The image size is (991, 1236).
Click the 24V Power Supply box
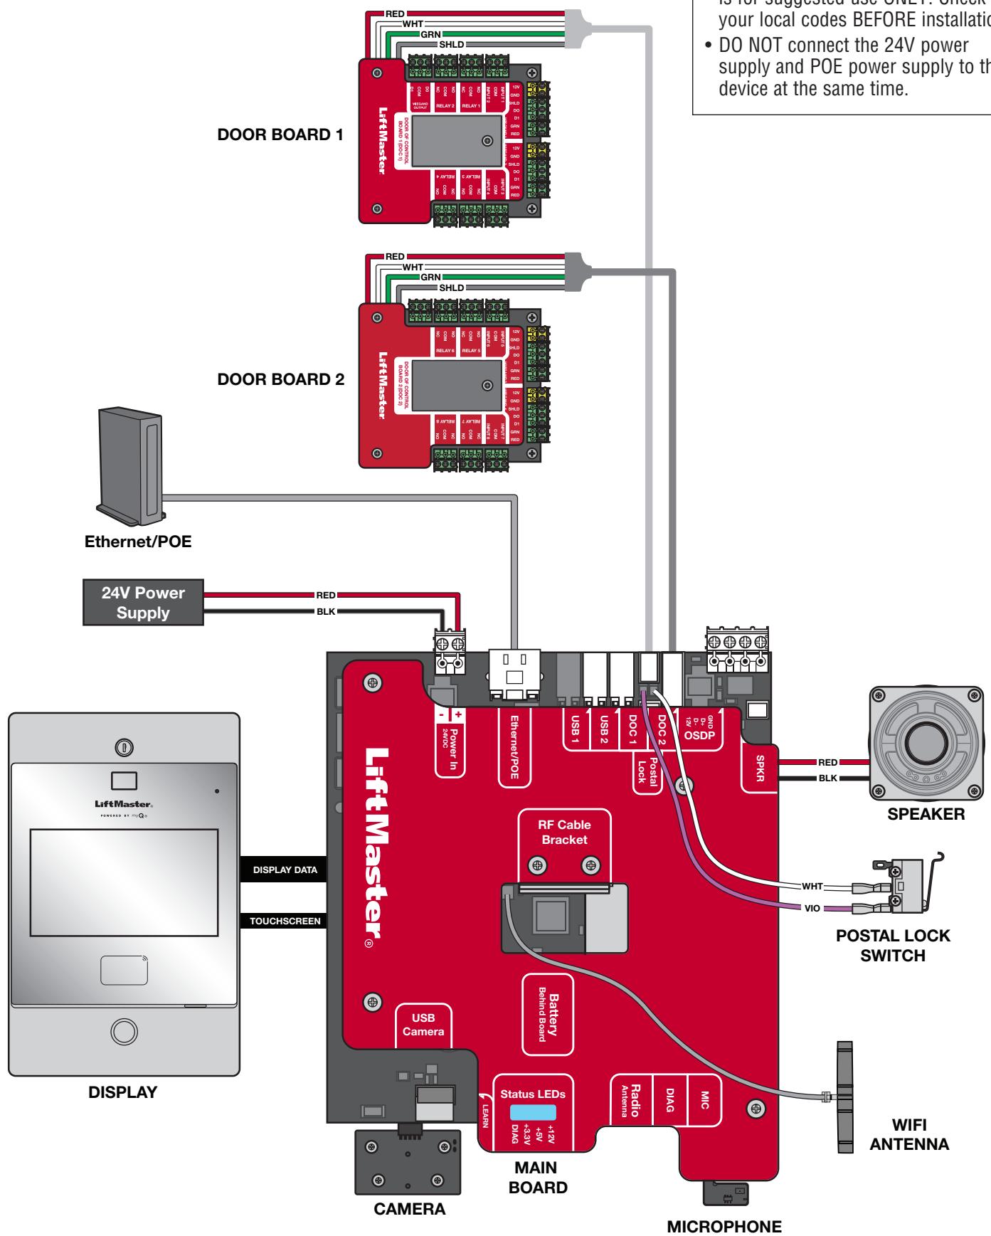[144, 603]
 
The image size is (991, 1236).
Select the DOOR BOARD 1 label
[280, 135]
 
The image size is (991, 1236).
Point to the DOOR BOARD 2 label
[280, 379]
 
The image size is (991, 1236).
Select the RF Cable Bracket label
[564, 833]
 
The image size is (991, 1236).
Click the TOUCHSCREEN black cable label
[285, 921]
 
